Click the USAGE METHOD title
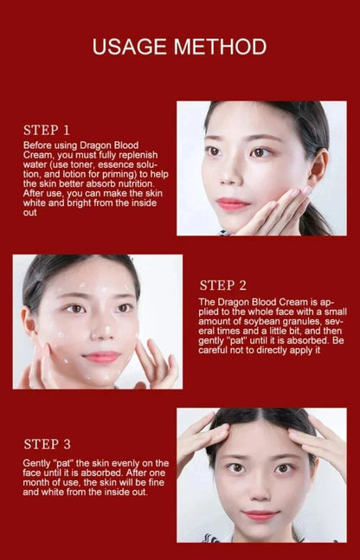(179, 47)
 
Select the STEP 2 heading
(223, 285)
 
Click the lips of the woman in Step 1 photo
(232, 203)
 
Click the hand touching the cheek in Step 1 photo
(275, 210)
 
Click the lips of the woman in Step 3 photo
(261, 515)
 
